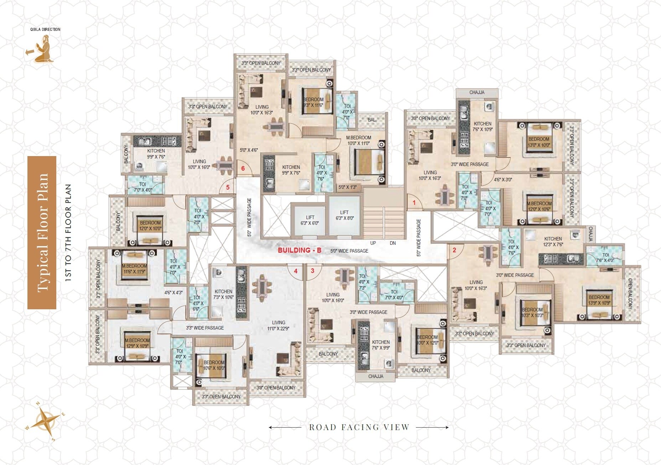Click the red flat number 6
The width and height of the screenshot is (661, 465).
point(243,168)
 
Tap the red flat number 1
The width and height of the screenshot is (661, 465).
point(414,203)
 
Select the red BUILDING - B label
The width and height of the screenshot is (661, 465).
point(299,250)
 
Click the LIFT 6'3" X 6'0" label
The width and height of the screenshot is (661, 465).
point(310,220)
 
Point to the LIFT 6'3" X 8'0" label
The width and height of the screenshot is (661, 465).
point(344,215)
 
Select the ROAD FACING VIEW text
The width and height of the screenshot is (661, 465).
point(359,427)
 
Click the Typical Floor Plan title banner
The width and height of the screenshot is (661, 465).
point(42,232)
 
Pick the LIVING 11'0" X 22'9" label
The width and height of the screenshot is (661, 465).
point(278,325)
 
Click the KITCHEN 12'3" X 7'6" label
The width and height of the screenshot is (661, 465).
point(553,242)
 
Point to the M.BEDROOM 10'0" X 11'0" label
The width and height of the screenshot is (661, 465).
point(358,140)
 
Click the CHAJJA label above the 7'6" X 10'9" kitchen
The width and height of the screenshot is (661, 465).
point(477,93)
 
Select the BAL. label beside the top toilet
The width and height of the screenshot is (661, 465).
point(372,120)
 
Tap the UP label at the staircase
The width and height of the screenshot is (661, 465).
point(373,243)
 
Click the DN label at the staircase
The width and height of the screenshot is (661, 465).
point(393,243)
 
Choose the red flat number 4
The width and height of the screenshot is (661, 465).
point(296,271)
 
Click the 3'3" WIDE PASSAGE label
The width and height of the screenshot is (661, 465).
point(205,328)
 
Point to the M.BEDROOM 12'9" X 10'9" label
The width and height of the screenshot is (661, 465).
point(137,343)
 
